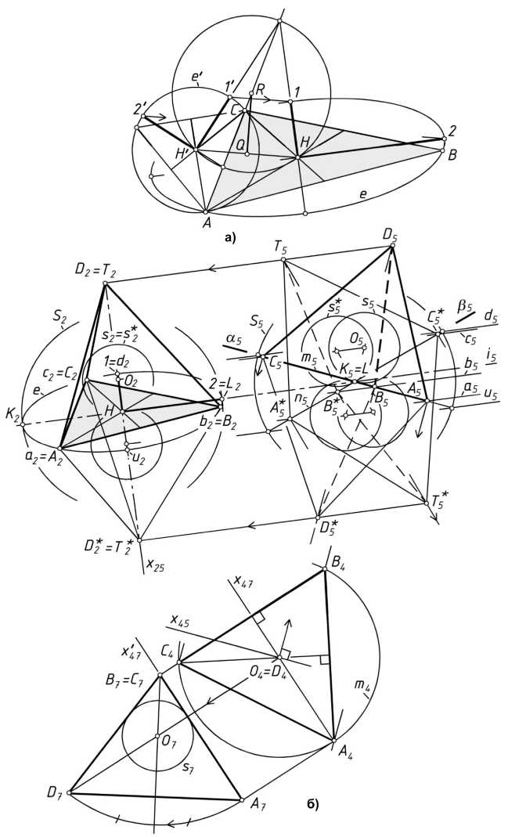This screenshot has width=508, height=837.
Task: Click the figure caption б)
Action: click(312, 802)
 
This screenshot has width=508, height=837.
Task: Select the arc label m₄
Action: click(362, 687)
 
